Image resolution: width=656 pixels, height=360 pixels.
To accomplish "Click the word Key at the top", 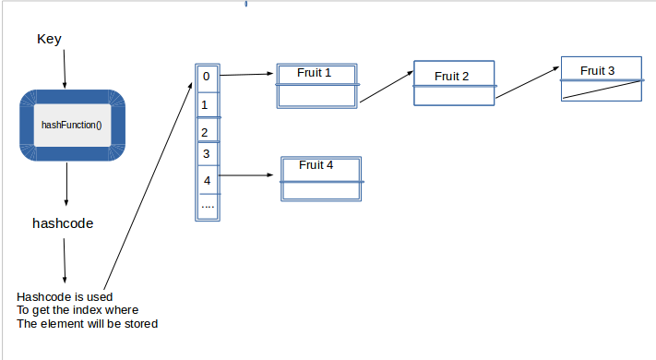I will [49, 39].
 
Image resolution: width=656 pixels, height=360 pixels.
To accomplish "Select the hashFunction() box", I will [71, 125].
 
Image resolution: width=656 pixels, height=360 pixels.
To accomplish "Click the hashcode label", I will [63, 223].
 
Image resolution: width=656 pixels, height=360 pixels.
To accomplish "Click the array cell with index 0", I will [208, 78].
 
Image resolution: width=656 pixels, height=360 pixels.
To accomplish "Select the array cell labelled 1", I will [208, 105].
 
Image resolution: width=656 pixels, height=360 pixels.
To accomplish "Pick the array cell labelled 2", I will [208, 132].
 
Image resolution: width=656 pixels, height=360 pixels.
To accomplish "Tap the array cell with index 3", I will [208, 154].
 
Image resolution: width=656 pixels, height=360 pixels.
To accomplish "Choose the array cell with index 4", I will [208, 180].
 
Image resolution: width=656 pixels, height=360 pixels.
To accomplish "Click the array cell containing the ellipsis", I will [208, 206].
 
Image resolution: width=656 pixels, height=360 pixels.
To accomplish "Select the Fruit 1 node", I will [316, 86].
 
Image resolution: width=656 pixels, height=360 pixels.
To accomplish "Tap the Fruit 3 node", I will [601, 79].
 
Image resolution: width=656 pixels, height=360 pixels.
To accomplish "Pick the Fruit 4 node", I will [320, 178].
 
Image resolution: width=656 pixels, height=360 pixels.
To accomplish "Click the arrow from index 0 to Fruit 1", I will [247, 75].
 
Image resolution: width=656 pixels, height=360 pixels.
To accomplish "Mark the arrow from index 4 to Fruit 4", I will [249, 174].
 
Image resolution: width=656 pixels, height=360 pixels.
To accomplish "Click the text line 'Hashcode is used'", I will [65, 296].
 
